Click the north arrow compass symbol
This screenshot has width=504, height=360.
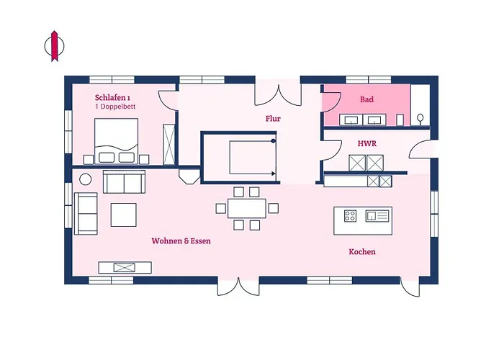coord(54,46)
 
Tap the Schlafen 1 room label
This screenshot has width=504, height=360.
coord(112,97)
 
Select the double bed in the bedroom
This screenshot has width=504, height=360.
coord(117,141)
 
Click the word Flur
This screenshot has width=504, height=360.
coord(273,119)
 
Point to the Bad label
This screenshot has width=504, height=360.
coord(366,99)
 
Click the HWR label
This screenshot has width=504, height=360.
coord(367,143)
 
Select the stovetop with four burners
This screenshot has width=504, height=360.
coord(350,216)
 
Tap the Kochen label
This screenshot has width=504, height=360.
coord(362,252)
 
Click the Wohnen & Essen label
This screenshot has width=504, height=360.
coord(181,241)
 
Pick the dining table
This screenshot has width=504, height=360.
coord(247,209)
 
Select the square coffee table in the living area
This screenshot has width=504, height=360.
coord(123,215)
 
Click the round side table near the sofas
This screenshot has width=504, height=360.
coord(85,179)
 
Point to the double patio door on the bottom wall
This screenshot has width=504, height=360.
coord(238,287)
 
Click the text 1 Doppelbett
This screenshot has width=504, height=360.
coord(115,107)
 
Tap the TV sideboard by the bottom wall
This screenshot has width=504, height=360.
coord(125,267)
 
